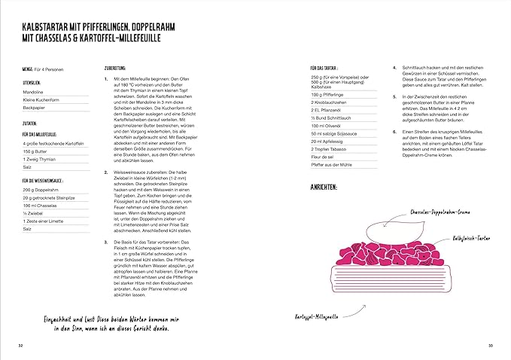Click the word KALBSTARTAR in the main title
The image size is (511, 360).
tap(44, 25)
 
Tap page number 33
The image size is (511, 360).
tap(489, 343)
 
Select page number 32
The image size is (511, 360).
tap(20, 343)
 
